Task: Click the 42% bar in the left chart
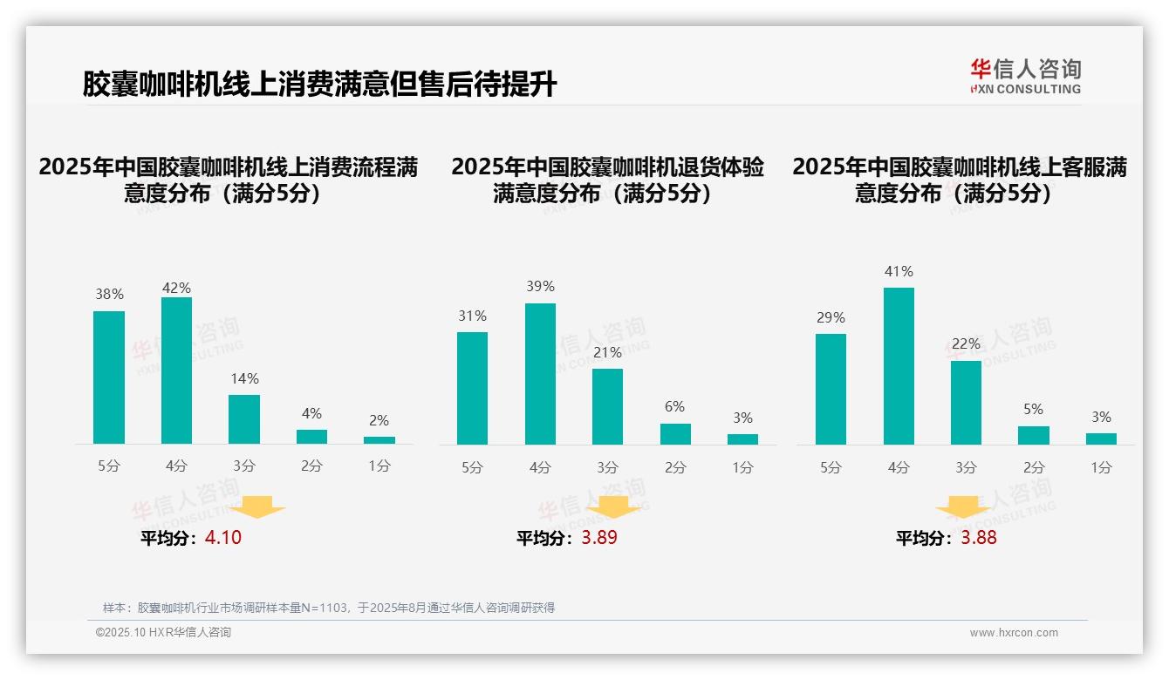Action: (x=176, y=371)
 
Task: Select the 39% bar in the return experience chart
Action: (x=540, y=374)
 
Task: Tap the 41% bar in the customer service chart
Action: (x=899, y=366)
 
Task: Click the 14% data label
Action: (x=244, y=379)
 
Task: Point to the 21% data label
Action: (x=607, y=353)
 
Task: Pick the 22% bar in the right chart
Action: (x=966, y=403)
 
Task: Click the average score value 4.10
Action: (x=223, y=538)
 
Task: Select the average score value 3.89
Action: (x=599, y=538)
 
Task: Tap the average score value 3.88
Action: (x=979, y=538)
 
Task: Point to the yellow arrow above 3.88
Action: (x=963, y=507)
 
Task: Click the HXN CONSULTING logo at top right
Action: (x=1025, y=77)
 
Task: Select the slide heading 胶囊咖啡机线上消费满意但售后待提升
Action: (x=319, y=84)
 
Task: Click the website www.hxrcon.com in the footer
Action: (x=1013, y=633)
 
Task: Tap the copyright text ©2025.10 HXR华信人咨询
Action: (x=163, y=633)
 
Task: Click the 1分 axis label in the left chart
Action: (x=379, y=466)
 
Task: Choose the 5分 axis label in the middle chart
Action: (x=472, y=468)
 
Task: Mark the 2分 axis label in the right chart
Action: (x=1034, y=468)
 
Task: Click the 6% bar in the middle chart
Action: (x=675, y=434)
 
